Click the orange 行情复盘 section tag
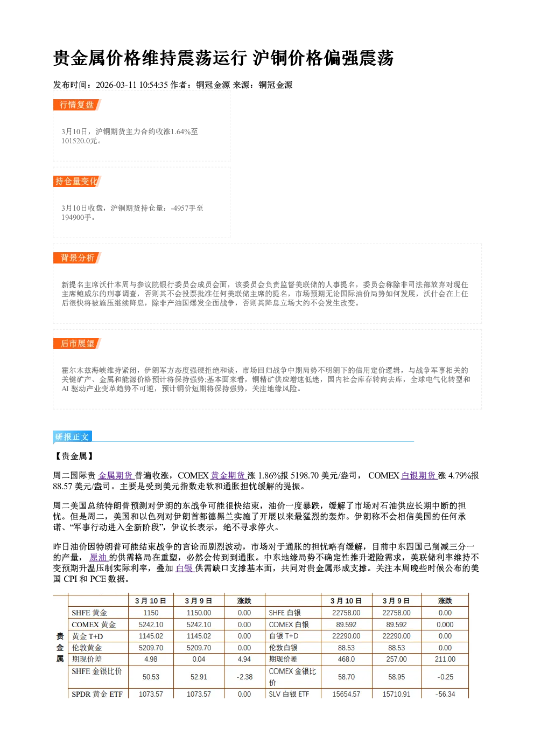pyautogui.click(x=77, y=105)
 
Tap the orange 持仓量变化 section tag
pyautogui.click(x=77, y=181)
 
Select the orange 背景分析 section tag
pyautogui.click(x=77, y=258)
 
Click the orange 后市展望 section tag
pyautogui.click(x=77, y=344)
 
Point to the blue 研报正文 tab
pyautogui.click(x=72, y=436)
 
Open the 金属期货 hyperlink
pyautogui.click(x=116, y=476)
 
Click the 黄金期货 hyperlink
pyautogui.click(x=229, y=476)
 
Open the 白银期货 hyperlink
pyautogui.click(x=419, y=476)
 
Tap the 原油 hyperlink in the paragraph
pyautogui.click(x=99, y=557)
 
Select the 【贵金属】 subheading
pyautogui.click(x=74, y=456)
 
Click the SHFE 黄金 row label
pyautogui.click(x=89, y=613)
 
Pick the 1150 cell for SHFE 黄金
pyautogui.click(x=151, y=613)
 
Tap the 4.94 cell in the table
pyautogui.click(x=244, y=659)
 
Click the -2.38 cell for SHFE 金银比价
pyautogui.click(x=244, y=677)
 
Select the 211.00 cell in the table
pyautogui.click(x=445, y=659)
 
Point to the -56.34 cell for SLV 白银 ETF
pyautogui.click(x=445, y=694)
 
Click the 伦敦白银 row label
pyautogui.click(x=283, y=648)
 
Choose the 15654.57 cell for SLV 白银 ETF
pyautogui.click(x=346, y=694)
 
